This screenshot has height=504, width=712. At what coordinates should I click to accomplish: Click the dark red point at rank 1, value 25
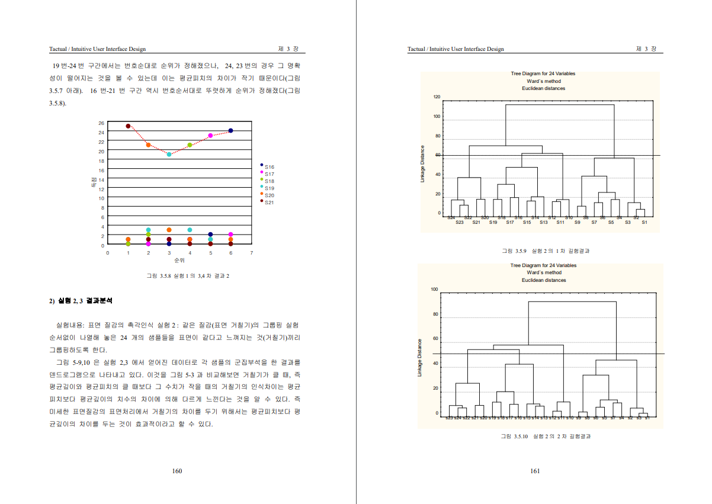[128, 126]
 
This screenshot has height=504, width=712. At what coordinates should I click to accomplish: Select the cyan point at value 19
[169, 155]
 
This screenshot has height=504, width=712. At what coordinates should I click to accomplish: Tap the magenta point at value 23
[210, 136]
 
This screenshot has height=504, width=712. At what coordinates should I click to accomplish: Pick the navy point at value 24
[230, 131]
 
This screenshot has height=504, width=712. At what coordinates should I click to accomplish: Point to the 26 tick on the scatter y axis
[101, 123]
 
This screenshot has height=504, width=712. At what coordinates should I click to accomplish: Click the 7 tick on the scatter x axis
[251, 253]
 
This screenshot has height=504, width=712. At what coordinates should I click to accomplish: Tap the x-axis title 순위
[179, 260]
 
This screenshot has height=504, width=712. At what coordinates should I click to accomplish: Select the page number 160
[177, 471]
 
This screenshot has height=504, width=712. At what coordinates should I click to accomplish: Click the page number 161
[535, 471]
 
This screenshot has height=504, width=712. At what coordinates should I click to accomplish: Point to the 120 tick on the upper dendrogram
[437, 97]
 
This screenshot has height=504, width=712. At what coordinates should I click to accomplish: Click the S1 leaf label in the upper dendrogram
[644, 222]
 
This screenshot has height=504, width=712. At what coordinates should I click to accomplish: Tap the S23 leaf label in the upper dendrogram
[460, 222]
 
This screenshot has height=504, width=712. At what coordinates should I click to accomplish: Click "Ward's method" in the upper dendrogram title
[543, 81]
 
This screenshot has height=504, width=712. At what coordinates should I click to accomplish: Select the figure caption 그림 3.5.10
[546, 436]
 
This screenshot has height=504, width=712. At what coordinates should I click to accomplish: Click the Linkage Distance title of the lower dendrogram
[420, 358]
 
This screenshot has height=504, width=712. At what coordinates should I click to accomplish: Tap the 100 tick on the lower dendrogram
[434, 290]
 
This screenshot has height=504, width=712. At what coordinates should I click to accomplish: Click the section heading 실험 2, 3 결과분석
[83, 301]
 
